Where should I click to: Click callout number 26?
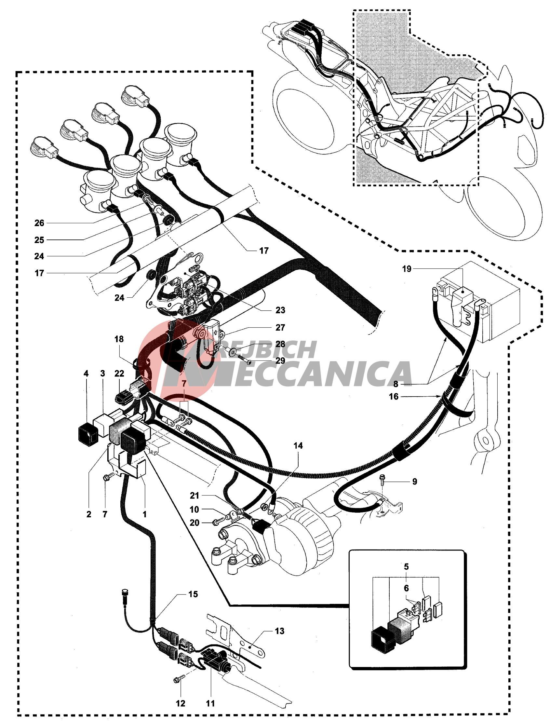[x=39, y=223]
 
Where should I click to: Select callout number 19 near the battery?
[x=407, y=269]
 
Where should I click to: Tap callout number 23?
[x=280, y=310]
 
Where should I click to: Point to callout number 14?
[x=298, y=446]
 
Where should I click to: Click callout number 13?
[x=279, y=631]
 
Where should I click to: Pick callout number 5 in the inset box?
[x=406, y=566]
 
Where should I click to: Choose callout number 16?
[x=394, y=397]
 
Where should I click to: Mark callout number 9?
[x=414, y=481]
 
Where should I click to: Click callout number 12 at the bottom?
[x=181, y=703]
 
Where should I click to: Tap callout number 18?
[x=119, y=339]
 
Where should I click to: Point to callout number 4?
[x=86, y=373]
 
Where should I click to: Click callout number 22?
[x=119, y=373]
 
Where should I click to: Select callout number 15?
[x=193, y=594]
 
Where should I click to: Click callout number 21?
[x=195, y=496]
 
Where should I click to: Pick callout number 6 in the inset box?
[x=406, y=588]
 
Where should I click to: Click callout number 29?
[x=280, y=360]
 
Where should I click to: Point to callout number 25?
[x=39, y=240]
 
